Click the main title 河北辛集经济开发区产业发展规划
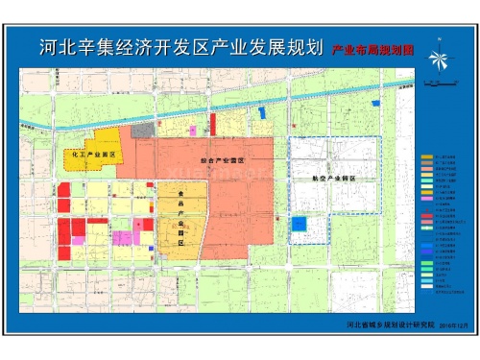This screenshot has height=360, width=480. point(180,49)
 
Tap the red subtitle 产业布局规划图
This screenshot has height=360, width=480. point(372,50)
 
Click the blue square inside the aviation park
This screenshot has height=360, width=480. point(300,224)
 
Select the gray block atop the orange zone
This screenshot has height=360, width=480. point(142,130)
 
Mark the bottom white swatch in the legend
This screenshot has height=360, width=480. point(427,287)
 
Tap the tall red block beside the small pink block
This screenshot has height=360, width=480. point(211,125)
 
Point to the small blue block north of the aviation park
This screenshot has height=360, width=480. point(263,113)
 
